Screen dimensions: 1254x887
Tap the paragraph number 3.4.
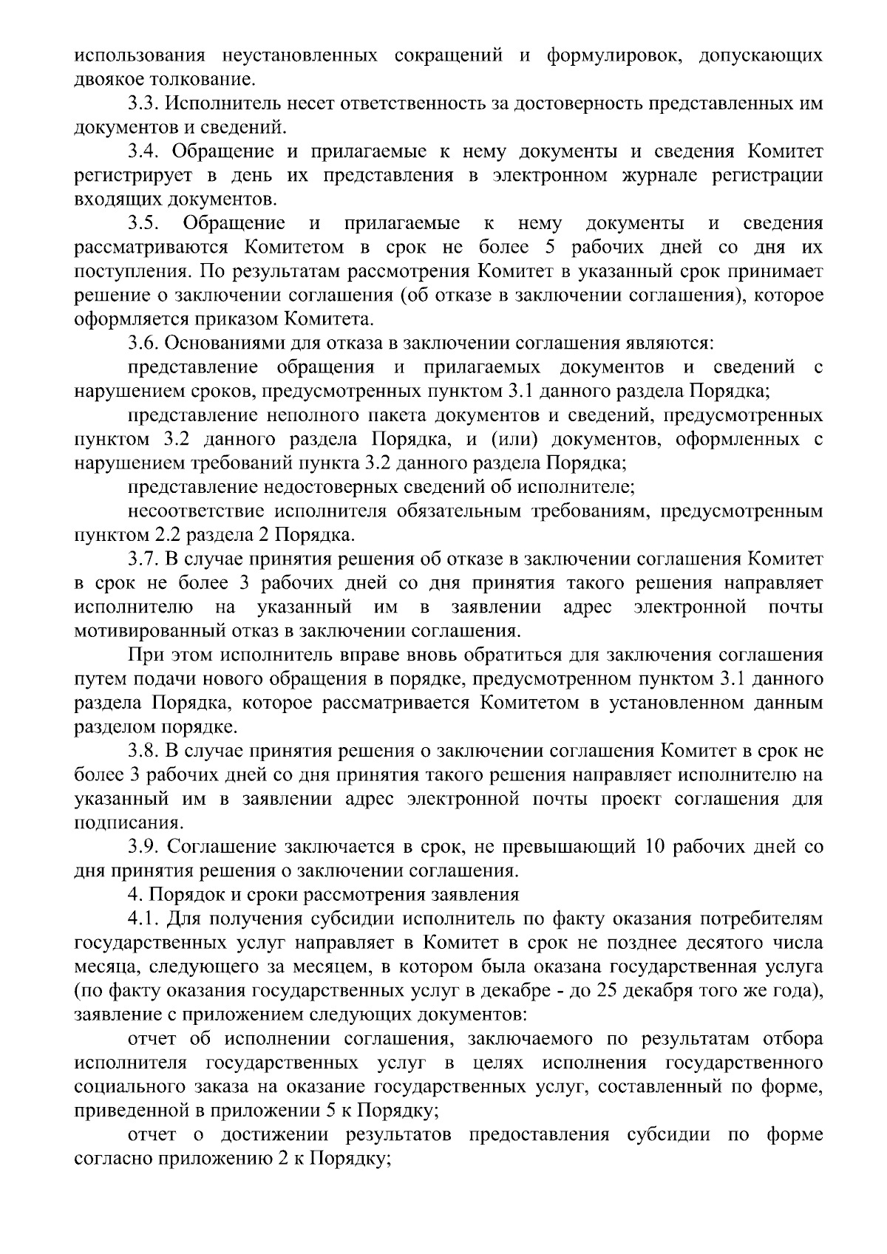(x=143, y=151)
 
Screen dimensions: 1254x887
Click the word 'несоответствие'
(x=194, y=511)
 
